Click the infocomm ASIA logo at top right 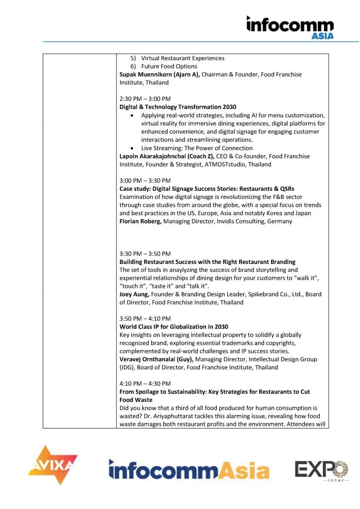290,27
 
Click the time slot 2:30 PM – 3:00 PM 145,98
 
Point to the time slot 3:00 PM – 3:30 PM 145,180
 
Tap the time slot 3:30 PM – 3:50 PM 145,254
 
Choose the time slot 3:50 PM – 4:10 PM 145,318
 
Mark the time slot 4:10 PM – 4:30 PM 145,383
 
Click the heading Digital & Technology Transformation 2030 178,107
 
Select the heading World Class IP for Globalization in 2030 174,327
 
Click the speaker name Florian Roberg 140,221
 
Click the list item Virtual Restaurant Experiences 182,58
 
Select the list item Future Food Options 169,66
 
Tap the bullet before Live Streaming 131,148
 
